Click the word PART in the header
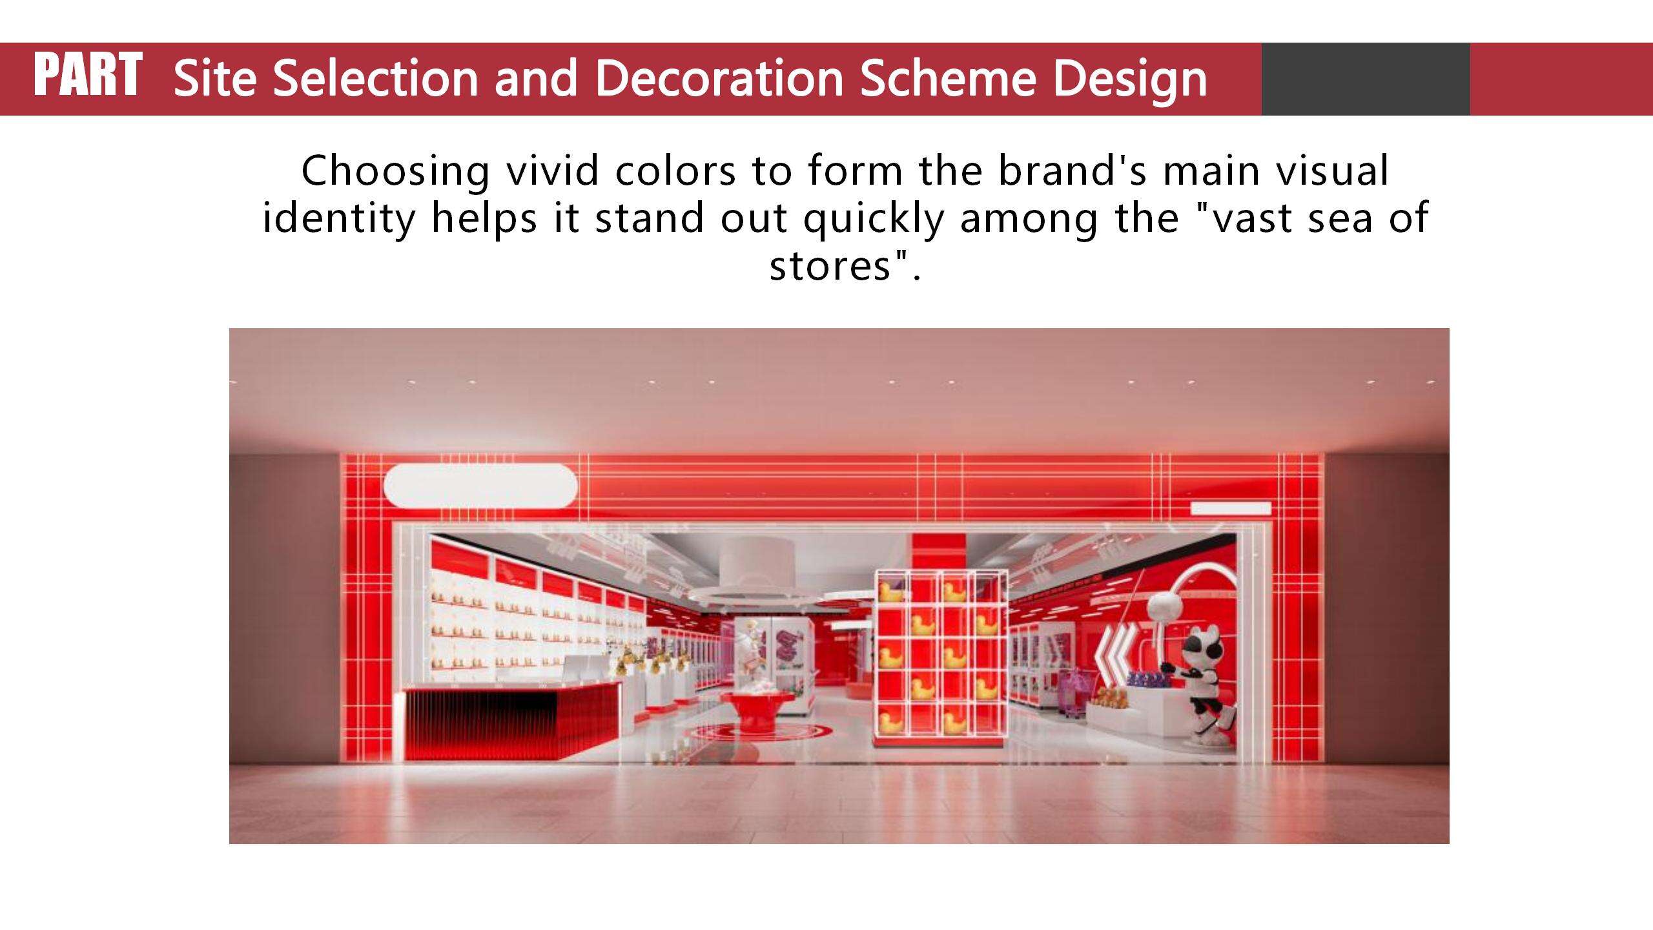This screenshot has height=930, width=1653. click(x=88, y=75)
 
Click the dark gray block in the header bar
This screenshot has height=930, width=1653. click(x=1366, y=79)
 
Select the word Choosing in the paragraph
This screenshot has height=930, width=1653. click(x=395, y=172)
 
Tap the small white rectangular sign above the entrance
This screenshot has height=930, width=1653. click(x=1231, y=508)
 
